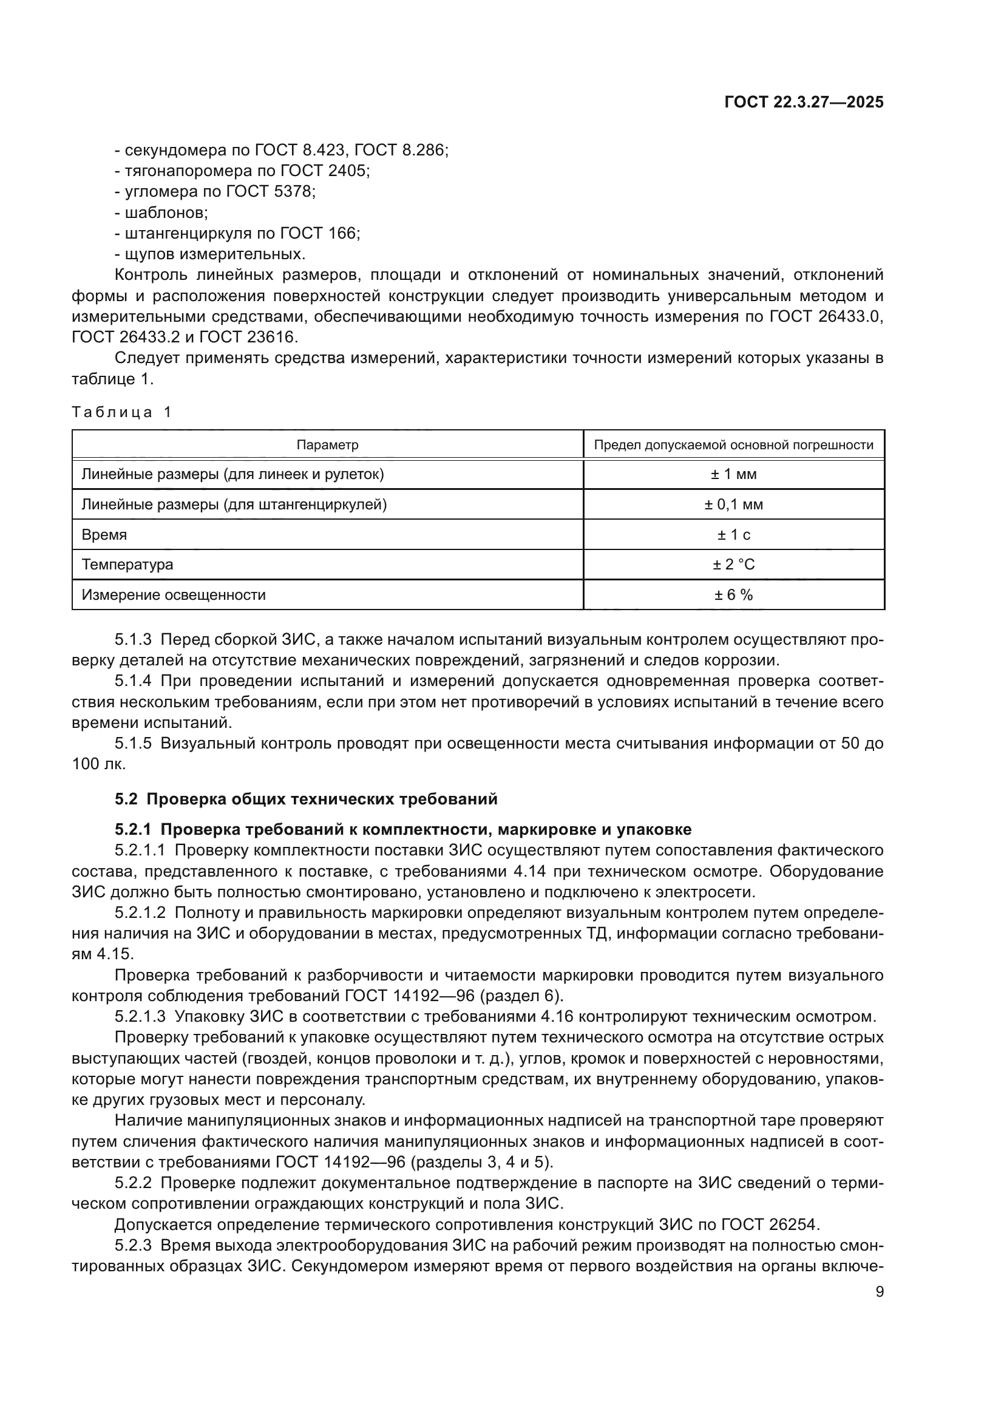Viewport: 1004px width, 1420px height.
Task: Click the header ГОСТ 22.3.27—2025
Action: coord(804,102)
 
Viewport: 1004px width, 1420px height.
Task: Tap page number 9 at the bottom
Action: coord(880,1291)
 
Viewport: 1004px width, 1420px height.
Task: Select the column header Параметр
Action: coord(327,444)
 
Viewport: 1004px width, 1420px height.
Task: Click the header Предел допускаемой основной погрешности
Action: coord(733,444)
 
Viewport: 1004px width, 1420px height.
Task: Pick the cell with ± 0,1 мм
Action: coord(733,504)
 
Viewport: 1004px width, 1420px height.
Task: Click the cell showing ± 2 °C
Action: coord(733,565)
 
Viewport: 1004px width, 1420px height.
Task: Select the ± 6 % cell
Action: coord(733,595)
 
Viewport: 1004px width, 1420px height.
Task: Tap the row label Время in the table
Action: coord(104,535)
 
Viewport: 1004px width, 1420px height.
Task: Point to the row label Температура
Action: coord(127,565)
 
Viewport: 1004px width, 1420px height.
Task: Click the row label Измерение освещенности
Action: coord(174,595)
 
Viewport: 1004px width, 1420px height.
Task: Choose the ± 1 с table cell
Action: coord(733,535)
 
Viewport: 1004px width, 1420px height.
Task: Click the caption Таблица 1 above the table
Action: coord(122,412)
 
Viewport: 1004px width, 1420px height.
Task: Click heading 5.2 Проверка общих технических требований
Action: coord(306,799)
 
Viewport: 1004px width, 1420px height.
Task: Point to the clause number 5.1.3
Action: coord(133,639)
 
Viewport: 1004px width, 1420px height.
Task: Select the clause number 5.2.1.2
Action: coord(140,913)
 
